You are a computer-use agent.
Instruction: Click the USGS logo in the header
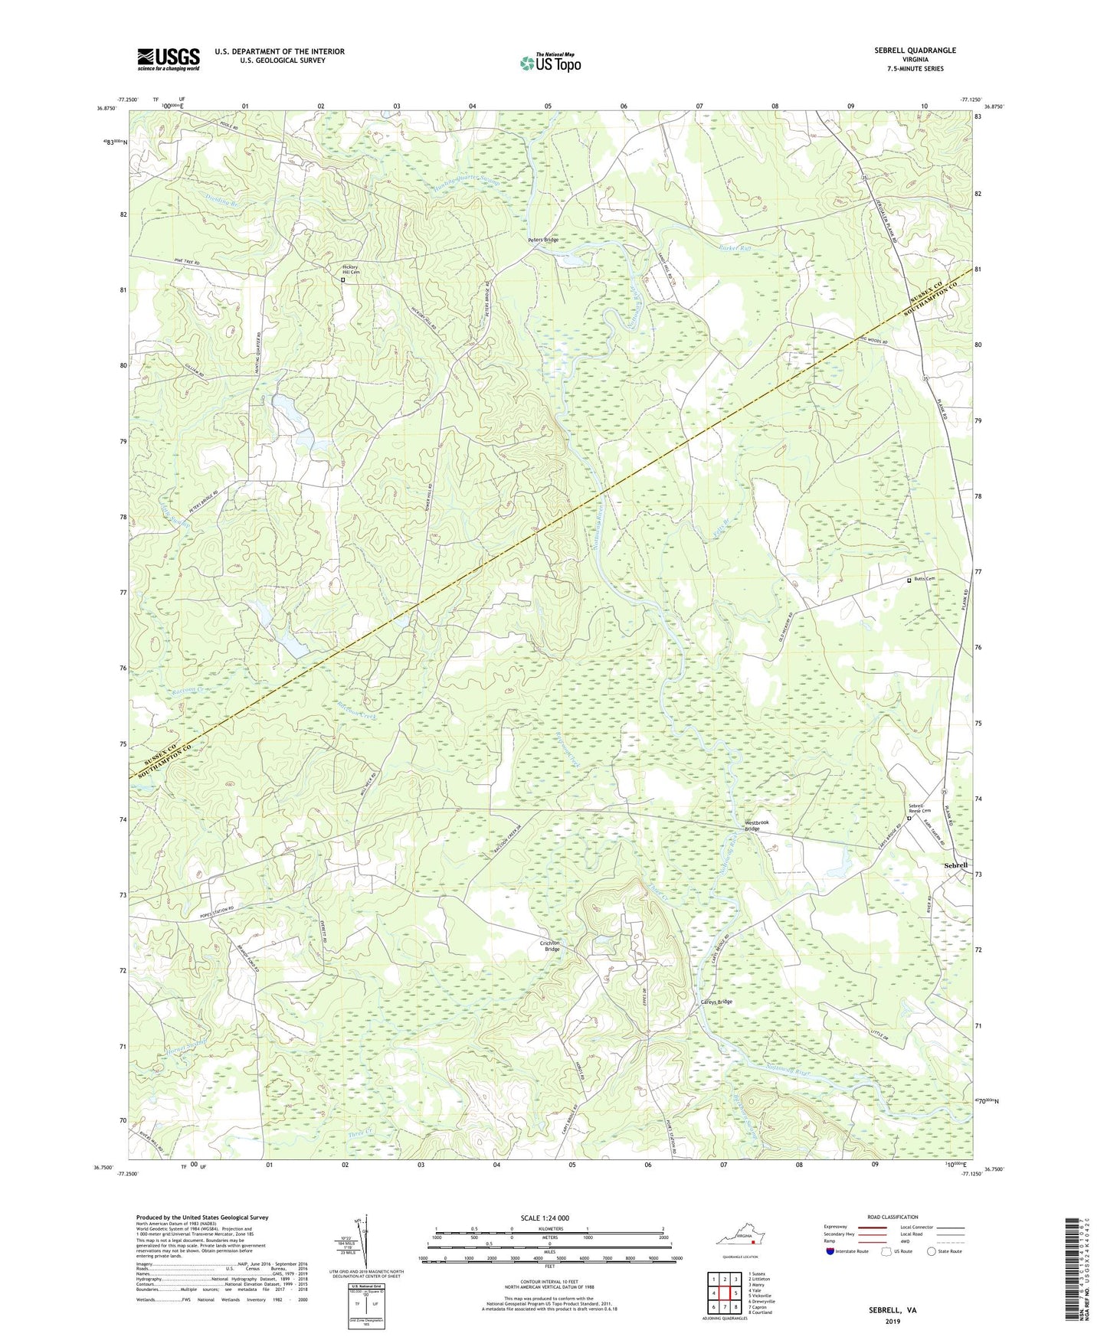[x=168, y=59]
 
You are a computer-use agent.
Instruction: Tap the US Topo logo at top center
[x=550, y=63]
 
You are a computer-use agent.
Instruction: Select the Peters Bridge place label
[x=542, y=240]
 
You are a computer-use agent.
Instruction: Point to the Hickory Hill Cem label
[x=350, y=270]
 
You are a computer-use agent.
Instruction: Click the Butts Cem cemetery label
[x=924, y=579]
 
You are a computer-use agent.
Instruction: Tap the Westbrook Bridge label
[x=757, y=825]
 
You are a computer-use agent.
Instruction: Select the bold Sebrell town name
[x=955, y=865]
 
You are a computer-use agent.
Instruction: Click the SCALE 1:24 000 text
[x=544, y=1218]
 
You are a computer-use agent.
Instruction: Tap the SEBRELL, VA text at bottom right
[x=892, y=1310]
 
